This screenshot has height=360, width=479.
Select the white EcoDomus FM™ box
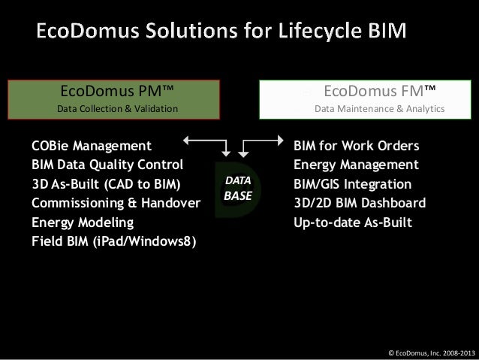point(369,99)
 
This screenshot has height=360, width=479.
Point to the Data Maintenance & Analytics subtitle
point(379,110)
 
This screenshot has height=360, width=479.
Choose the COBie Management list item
point(92,145)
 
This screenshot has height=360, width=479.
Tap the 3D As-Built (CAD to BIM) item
point(107,184)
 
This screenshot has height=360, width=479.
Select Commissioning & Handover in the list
point(116,204)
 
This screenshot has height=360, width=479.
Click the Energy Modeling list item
point(83,223)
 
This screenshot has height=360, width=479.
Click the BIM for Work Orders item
point(356,145)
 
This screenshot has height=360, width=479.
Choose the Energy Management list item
point(356,165)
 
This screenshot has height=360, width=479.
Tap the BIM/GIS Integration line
point(352,184)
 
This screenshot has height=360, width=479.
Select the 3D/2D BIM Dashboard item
point(360,204)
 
